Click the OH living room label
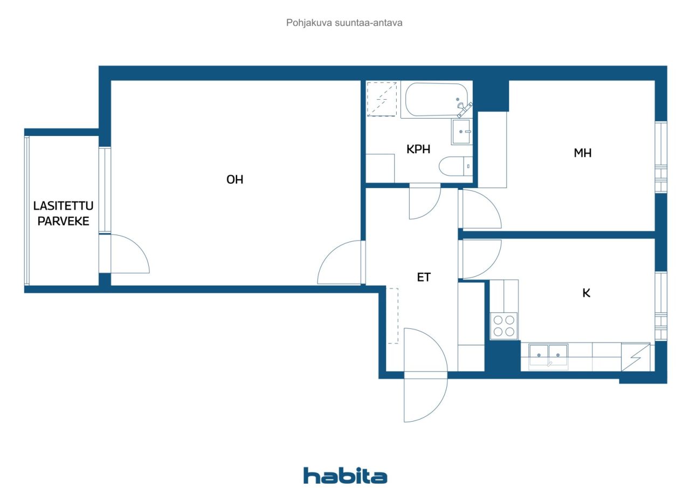pyautogui.click(x=234, y=180)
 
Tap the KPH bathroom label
pyautogui.click(x=418, y=149)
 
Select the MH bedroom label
pyautogui.click(x=583, y=153)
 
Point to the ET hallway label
pyautogui.click(x=424, y=278)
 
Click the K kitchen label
pyautogui.click(x=586, y=293)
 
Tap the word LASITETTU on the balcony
pyautogui.click(x=63, y=206)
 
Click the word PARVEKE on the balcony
pyautogui.click(x=63, y=221)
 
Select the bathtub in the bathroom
pyautogui.click(x=437, y=100)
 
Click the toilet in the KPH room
pyautogui.click(x=456, y=167)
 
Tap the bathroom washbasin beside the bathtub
pyautogui.click(x=461, y=132)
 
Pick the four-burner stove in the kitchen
pyautogui.click(x=504, y=326)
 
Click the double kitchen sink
pyautogui.click(x=548, y=356)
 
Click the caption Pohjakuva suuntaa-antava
pyautogui.click(x=344, y=23)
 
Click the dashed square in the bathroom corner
pyautogui.click(x=382, y=99)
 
